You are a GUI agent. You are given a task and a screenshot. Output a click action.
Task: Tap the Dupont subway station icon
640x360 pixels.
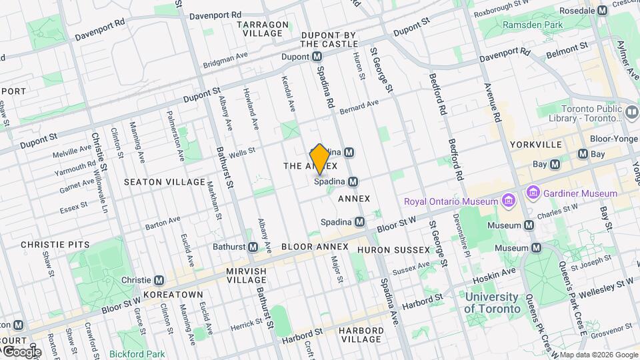coord(317,57)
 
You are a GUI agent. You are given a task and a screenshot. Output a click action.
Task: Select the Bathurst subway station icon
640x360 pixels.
coord(253,247)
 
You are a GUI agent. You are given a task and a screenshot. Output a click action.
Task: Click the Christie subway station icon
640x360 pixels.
coord(159,280)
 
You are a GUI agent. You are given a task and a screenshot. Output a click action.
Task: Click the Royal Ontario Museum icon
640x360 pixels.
coord(509,201)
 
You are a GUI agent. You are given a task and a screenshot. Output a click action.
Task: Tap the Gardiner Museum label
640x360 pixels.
coord(580,193)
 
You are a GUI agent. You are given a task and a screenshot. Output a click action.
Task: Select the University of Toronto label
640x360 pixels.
coord(492,303)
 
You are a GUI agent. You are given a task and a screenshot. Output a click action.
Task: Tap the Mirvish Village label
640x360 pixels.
coord(246,277)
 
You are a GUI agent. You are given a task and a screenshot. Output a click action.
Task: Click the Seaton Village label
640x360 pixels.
coord(165,182)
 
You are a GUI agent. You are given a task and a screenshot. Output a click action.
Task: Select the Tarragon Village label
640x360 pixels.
coord(263,29)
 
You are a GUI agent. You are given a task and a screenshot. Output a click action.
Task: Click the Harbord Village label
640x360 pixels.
coord(360,335)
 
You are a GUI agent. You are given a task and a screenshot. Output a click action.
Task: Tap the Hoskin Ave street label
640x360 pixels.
coord(494,272)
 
